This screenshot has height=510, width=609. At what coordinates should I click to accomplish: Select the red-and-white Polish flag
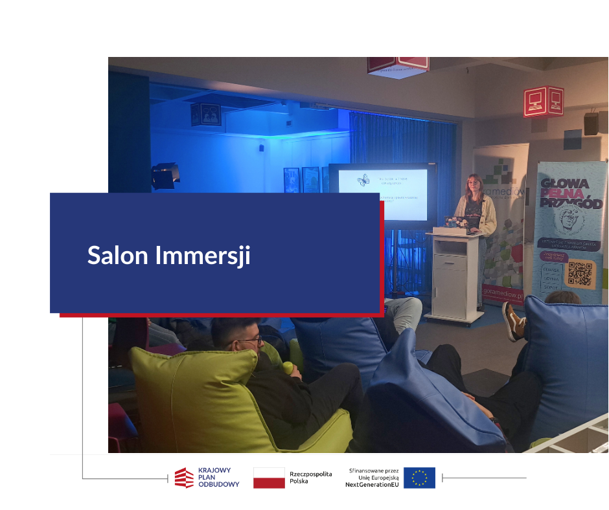click(269, 478)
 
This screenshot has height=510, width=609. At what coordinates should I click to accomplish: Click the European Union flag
click(419, 478)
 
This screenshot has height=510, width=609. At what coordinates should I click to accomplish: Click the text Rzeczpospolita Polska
click(311, 478)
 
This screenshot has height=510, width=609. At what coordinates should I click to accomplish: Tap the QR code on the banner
click(579, 274)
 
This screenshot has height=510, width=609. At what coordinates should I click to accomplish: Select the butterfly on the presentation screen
click(363, 181)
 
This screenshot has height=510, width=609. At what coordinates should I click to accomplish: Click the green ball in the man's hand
click(288, 368)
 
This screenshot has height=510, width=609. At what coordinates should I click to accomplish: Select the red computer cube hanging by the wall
click(543, 101)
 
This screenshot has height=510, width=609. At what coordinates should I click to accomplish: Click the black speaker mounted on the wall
click(591, 123)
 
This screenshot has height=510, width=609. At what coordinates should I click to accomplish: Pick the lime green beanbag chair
click(194, 395)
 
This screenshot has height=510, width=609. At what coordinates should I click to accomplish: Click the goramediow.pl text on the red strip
click(502, 291)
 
